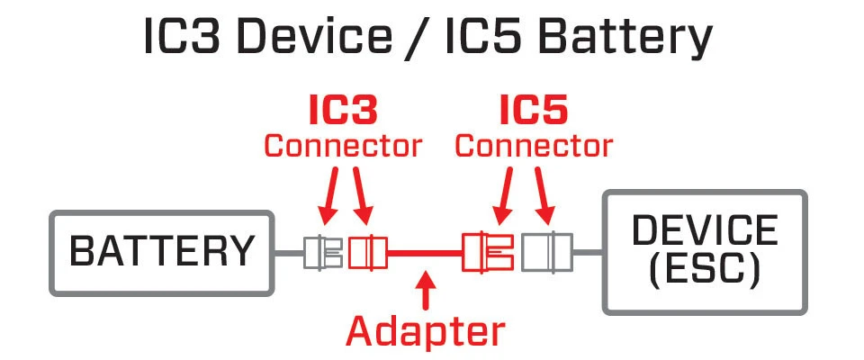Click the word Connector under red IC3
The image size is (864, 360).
pos(342,145)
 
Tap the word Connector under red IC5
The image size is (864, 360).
pos(534,145)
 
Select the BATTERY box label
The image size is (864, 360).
pos(162,252)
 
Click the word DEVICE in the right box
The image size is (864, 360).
pos(705,231)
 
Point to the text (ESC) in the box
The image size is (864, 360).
pos(705,268)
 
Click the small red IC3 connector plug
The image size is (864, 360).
pos(367,252)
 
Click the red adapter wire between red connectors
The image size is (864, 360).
pos(424,253)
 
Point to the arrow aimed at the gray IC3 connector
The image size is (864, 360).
pos(329,198)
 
